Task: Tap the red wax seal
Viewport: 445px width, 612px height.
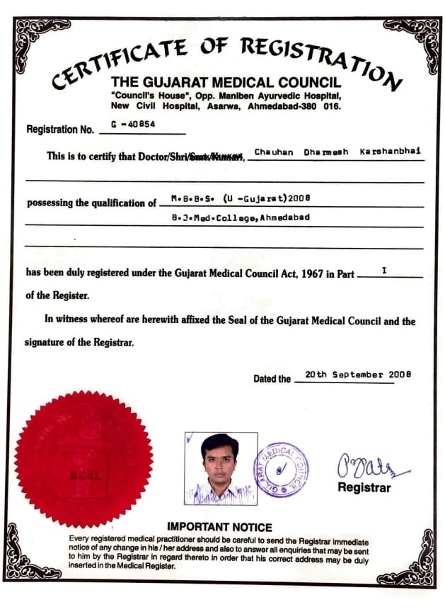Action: [x=83, y=459]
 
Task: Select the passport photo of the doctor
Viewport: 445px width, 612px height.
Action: [x=221, y=468]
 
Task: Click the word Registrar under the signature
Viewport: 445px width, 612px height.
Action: [x=364, y=488]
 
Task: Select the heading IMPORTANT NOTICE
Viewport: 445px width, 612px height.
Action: [x=219, y=527]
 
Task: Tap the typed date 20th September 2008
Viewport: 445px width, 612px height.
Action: [x=357, y=374]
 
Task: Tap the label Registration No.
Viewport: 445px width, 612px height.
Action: [x=60, y=130]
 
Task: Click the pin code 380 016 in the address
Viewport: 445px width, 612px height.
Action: [x=323, y=107]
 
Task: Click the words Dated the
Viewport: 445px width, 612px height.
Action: [x=272, y=379]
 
